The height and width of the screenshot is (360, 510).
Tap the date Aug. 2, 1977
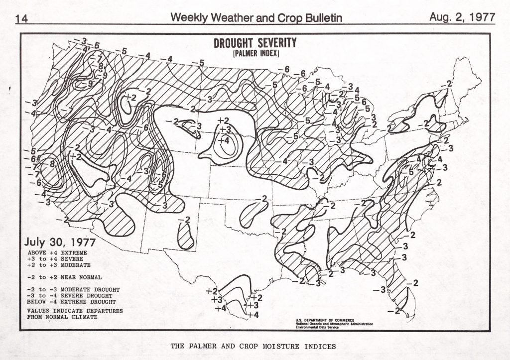462,17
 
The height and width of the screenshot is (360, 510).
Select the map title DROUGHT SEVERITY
255,43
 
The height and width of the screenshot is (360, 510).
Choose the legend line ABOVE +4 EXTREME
57,253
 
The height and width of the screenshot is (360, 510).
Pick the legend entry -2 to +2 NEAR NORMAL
65,277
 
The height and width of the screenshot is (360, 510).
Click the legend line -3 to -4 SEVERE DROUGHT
71,296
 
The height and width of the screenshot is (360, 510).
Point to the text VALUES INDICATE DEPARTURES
75,311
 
